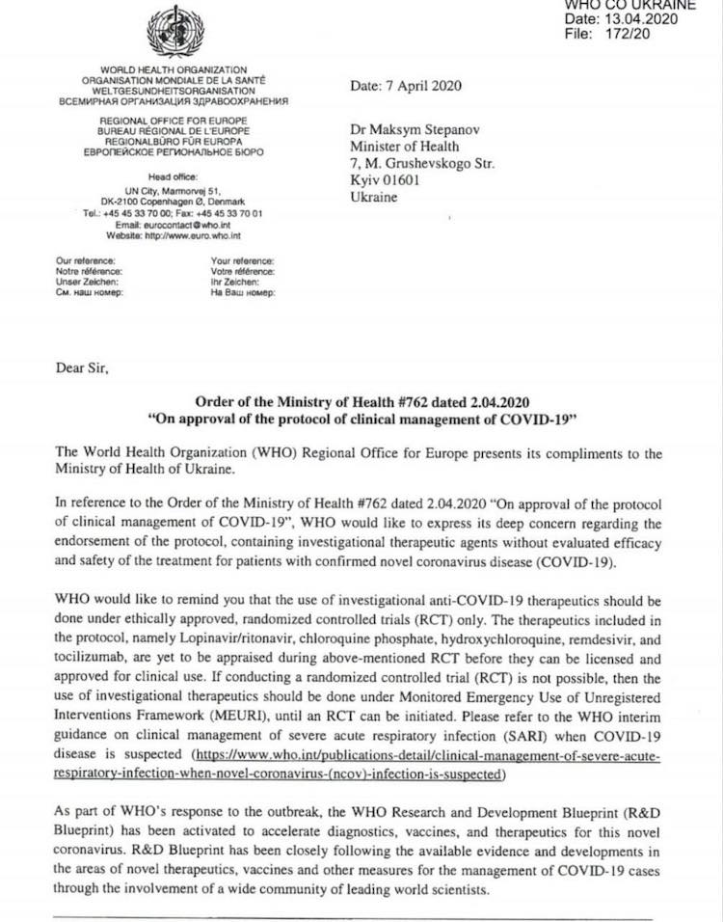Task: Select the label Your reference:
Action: (x=242, y=261)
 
